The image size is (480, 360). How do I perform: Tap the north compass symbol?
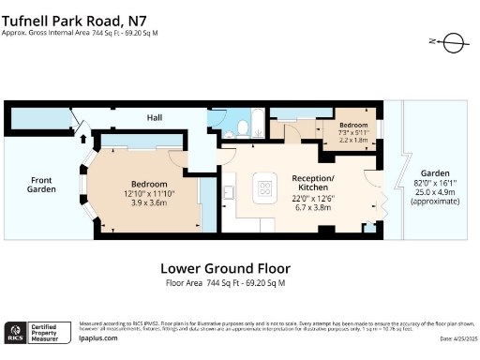[450, 41]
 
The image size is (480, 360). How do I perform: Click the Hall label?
[154, 118]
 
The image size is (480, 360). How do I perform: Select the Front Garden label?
[41, 185]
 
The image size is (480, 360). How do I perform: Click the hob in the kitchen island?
[264, 188]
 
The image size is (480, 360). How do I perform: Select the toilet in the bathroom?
[242, 127]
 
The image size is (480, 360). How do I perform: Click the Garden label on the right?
[434, 174]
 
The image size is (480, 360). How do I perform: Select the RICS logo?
[16, 333]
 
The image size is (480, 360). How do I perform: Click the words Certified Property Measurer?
[52, 333]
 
